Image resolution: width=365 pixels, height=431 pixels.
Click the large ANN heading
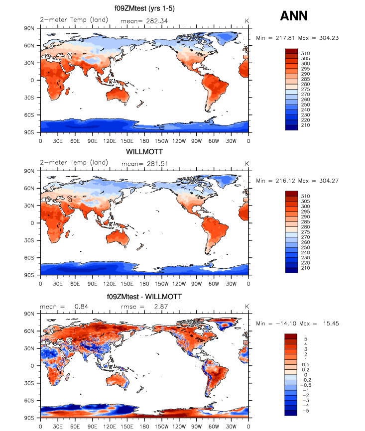[x=294, y=16]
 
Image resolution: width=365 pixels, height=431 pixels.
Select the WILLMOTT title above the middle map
[x=144, y=152]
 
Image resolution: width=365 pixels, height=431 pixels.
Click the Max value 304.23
[x=325, y=37]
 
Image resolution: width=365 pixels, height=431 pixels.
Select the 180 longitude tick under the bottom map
[x=144, y=426]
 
